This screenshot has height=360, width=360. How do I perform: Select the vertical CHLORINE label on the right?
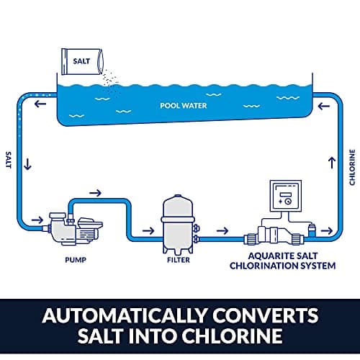point(351,165)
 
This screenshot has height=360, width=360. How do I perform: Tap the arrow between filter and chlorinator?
point(222,232)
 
